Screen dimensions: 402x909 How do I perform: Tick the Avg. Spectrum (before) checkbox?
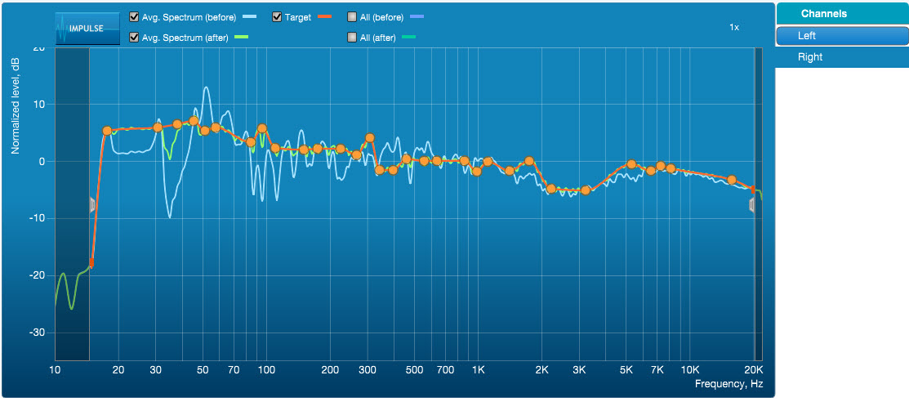pos(134,16)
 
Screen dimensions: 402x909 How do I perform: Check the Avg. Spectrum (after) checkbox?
pos(134,37)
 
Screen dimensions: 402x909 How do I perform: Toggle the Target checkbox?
pos(277,16)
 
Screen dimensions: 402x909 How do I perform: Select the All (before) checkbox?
pos(352,16)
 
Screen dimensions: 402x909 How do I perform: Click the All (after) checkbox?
pos(352,37)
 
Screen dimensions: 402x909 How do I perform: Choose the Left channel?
pos(841,36)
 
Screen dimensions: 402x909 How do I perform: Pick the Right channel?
pos(841,57)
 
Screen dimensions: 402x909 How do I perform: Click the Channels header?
pos(841,14)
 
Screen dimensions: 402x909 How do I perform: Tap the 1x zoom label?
pos(734,28)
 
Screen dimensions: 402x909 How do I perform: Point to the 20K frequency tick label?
pos(752,370)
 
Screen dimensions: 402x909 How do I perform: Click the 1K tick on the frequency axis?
pos(479,370)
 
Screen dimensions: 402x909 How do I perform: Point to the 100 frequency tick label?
pos(266,370)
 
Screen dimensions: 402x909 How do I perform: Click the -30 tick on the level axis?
pos(38,333)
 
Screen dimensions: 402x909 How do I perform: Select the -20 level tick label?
pos(38,275)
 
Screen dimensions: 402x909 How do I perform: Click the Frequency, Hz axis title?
pos(729,383)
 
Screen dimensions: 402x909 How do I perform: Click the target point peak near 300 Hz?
pos(369,138)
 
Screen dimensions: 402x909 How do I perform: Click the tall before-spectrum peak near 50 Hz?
pos(207,87)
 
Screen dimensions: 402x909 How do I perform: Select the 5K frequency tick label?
pos(626,370)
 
